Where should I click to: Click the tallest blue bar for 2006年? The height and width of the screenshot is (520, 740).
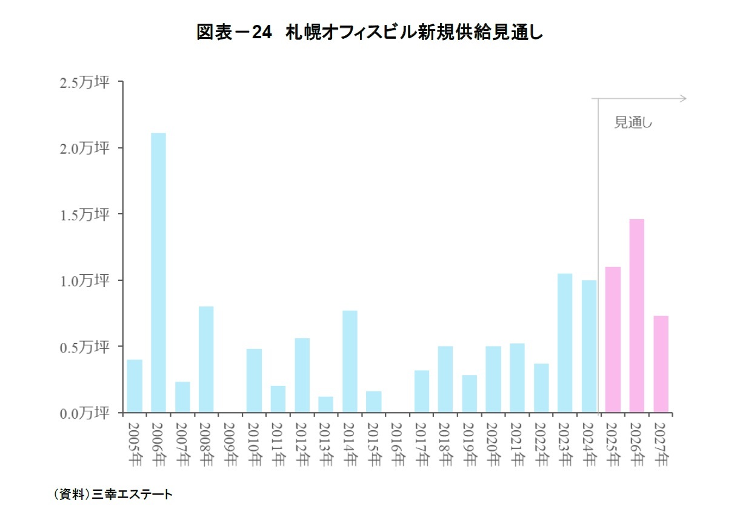[x=158, y=273]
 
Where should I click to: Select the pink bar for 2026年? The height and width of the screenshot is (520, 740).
[x=636, y=316]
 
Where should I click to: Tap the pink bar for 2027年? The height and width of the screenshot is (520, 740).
[x=661, y=365]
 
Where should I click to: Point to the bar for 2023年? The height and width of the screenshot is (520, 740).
[x=565, y=343]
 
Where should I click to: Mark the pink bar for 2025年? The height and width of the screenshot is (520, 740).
[x=613, y=340]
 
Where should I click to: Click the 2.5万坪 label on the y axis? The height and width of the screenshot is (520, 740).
[x=85, y=83]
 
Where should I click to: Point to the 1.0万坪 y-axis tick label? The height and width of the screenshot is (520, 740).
[x=85, y=281]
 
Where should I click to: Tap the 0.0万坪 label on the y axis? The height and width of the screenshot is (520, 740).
[x=85, y=414]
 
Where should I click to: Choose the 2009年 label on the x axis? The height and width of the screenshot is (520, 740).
[x=230, y=444]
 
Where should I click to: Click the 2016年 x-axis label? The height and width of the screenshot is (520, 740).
[x=398, y=444]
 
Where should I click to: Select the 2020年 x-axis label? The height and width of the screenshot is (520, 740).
[x=493, y=444]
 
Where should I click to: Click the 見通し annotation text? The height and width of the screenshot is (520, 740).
[x=633, y=123]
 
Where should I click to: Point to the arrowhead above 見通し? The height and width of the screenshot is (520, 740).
[x=683, y=98]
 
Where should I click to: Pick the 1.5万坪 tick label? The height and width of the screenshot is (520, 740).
[x=85, y=215]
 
